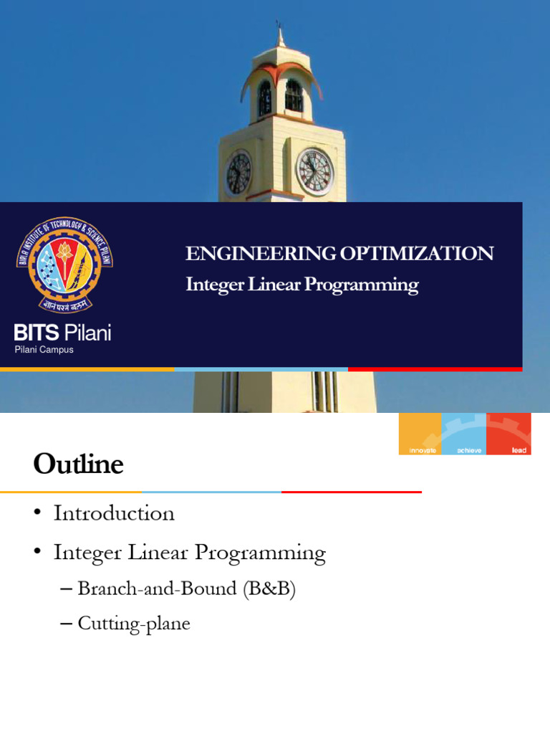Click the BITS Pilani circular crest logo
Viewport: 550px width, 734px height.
pyautogui.click(x=65, y=264)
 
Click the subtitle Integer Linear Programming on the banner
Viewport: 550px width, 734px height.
pyautogui.click(x=301, y=285)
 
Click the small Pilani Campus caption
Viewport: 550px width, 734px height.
pyautogui.click(x=44, y=350)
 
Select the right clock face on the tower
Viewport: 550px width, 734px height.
pyautogui.click(x=314, y=172)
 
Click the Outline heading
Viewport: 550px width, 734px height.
pyautogui.click(x=78, y=464)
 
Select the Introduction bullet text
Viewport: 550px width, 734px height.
pyautogui.click(x=114, y=513)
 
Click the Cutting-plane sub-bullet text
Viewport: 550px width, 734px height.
pyautogui.click(x=134, y=624)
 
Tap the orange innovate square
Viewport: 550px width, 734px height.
pyautogui.click(x=420, y=434)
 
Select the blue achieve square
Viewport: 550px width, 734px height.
pyautogui.click(x=463, y=434)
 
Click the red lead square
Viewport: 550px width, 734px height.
pyautogui.click(x=509, y=434)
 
